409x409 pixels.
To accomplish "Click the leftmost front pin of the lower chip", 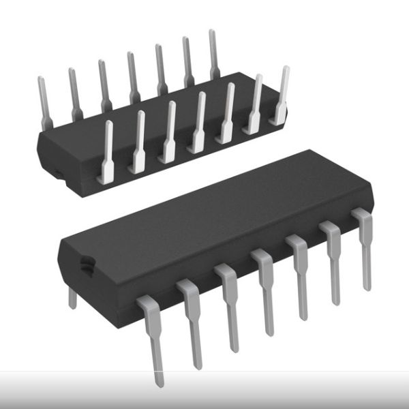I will pyautogui.click(x=153, y=334).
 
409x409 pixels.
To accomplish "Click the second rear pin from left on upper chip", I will pyautogui.click(x=74, y=92).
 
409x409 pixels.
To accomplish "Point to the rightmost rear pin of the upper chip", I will pyautogui.click(x=213, y=55).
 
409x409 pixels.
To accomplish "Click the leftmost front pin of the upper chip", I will pyautogui.click(x=107, y=153).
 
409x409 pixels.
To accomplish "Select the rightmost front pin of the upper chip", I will pyautogui.click(x=280, y=95).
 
